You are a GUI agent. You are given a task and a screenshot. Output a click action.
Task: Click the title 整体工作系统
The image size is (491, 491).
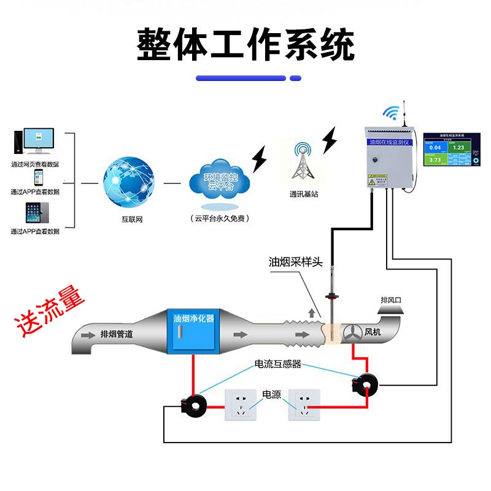point(245,44)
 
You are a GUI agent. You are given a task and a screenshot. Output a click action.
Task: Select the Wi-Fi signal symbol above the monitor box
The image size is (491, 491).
point(391,112)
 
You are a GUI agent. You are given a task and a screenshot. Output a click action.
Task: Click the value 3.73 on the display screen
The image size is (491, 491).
point(435,160)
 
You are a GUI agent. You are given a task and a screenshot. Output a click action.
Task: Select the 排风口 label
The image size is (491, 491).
point(392,300)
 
